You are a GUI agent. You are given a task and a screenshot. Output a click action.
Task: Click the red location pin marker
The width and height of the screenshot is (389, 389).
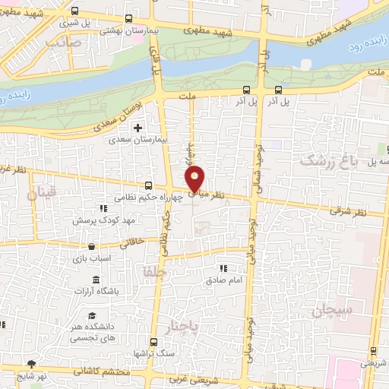click(196, 179)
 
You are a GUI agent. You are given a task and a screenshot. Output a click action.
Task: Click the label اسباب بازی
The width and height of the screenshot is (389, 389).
click(91, 258)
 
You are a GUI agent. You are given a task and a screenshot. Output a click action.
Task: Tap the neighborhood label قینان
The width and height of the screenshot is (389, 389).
click(43, 194)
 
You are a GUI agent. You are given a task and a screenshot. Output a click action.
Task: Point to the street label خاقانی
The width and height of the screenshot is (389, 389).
click(131, 242)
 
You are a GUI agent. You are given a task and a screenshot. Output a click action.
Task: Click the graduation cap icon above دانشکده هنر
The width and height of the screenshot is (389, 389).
click(91, 315)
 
